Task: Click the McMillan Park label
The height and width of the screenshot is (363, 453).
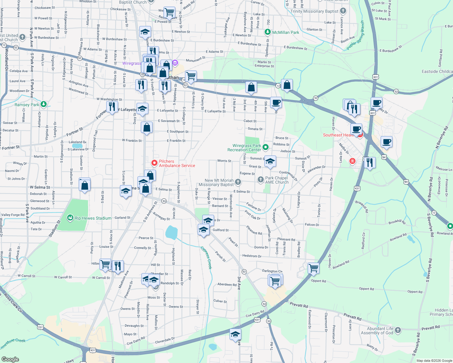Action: (x=286, y=32)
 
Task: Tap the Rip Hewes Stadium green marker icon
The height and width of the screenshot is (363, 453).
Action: (x=70, y=218)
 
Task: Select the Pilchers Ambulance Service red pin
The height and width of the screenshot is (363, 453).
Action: (x=154, y=163)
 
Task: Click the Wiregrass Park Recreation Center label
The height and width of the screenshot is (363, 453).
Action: (x=244, y=148)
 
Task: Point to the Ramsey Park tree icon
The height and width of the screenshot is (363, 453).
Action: (x=44, y=104)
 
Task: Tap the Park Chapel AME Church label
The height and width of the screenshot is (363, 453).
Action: (x=277, y=180)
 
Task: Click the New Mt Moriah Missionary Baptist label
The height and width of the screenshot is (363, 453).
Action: (x=216, y=182)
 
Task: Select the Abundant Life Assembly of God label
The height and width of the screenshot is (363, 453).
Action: (x=380, y=331)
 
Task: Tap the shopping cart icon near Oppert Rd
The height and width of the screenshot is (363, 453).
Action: (x=313, y=268)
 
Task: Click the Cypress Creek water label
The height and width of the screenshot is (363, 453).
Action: (x=206, y=257)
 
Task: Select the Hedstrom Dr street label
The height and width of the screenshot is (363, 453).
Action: (x=252, y=256)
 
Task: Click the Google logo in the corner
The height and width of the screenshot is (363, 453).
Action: (x=10, y=359)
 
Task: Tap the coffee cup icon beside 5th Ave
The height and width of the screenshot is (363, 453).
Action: (x=276, y=102)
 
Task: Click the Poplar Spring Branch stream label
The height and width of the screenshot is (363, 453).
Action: (x=356, y=36)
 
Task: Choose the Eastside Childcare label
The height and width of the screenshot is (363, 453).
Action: (x=437, y=71)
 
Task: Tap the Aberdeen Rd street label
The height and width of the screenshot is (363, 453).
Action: (x=227, y=284)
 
